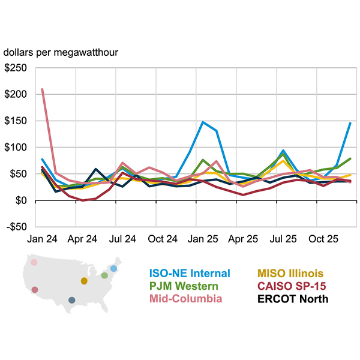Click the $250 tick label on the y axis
(x=16, y=68)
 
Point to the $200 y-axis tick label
(x=16, y=94)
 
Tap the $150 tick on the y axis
(x=16, y=121)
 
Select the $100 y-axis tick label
(x=16, y=147)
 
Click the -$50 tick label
(x=16, y=226)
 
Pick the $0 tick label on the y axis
(x=21, y=200)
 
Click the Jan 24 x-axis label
(x=41, y=238)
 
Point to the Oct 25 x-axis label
(x=323, y=238)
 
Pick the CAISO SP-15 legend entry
(x=290, y=286)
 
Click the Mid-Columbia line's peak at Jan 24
(x=42, y=89)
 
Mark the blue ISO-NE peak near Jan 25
(x=203, y=122)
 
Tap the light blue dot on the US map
(x=114, y=268)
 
